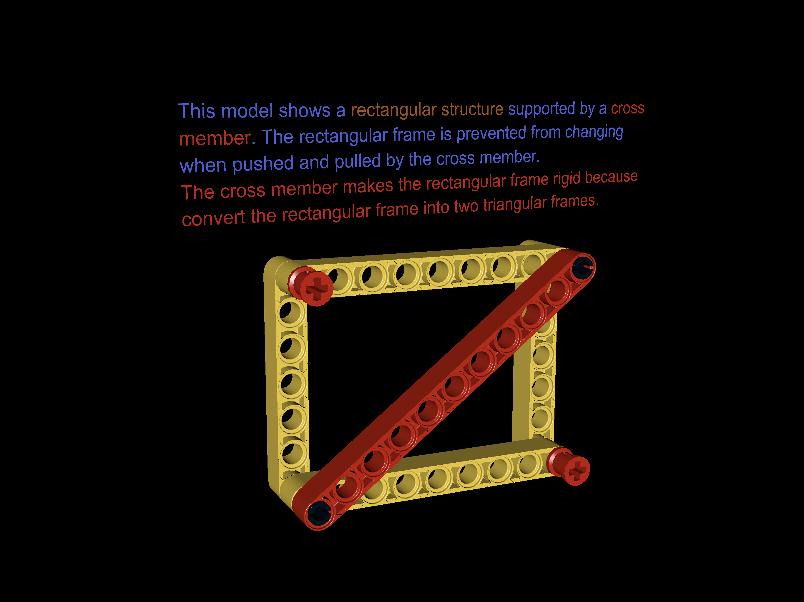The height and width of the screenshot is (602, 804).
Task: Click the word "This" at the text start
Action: point(196,111)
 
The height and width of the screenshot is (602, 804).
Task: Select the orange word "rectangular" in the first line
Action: point(393,110)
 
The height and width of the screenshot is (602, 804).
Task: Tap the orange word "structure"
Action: point(472,109)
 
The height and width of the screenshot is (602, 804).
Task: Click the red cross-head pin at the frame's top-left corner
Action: point(312,287)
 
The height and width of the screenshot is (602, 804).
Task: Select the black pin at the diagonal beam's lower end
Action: point(319,513)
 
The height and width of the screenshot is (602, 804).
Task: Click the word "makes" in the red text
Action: point(368,187)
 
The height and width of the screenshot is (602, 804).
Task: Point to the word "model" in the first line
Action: point(247,111)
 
